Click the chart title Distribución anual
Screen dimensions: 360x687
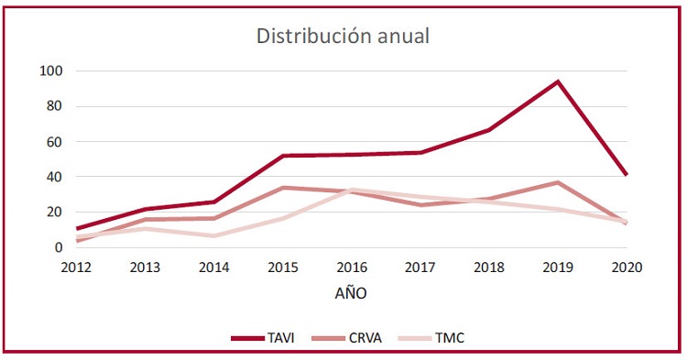[343, 37]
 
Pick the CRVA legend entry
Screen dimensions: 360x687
[367, 338]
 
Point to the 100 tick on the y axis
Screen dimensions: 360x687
[50, 71]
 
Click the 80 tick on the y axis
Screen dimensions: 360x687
[53, 106]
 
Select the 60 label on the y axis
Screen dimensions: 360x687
[53, 142]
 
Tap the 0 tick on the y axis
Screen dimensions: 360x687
[58, 247]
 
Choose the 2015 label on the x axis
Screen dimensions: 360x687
[282, 267]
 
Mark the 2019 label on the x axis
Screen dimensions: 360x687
[557, 267]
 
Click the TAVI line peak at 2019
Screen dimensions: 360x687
[557, 82]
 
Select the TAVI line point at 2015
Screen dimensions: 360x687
[282, 156]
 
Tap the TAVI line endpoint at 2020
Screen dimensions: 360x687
[626, 174]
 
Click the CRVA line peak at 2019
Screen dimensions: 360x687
[557, 182]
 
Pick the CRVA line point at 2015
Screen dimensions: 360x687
[282, 188]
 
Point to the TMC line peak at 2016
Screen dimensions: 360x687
[353, 190]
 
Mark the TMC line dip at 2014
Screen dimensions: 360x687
[214, 235]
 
